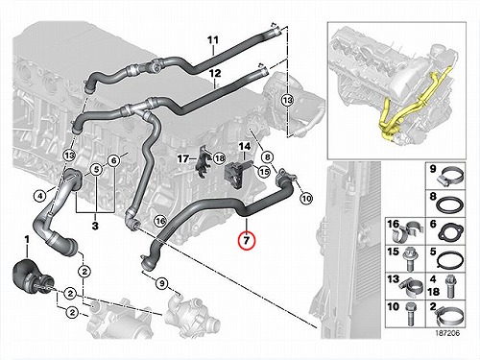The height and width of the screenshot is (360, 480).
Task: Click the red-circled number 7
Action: point(246,241)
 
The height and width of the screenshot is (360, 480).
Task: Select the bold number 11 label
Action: point(213,40)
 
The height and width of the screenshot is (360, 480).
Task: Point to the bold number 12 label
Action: point(215,74)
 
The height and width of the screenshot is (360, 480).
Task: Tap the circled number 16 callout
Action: point(160,221)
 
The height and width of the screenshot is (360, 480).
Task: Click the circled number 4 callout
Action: point(39,196)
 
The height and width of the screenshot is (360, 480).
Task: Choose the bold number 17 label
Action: point(183,158)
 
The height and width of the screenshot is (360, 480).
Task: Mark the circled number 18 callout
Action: point(220,158)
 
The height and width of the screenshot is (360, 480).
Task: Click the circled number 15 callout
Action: point(265,172)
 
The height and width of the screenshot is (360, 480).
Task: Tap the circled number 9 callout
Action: point(162,283)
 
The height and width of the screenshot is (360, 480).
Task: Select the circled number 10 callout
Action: point(306,199)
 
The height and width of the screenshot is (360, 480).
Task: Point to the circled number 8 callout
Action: point(268,157)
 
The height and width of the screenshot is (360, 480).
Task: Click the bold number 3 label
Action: point(95,226)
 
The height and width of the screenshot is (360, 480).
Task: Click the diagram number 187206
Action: point(447,333)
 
